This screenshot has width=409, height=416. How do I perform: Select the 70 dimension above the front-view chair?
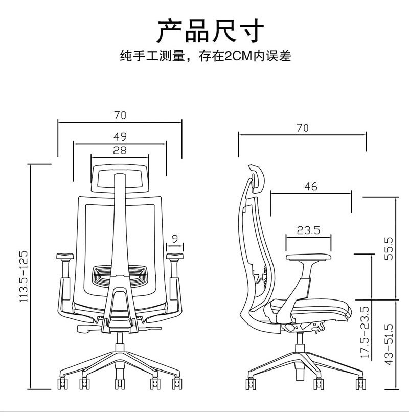[120, 115]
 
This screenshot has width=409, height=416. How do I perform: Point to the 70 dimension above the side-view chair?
[302, 128]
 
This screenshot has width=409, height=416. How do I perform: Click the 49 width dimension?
[120, 136]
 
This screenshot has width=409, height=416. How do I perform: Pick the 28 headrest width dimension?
[120, 150]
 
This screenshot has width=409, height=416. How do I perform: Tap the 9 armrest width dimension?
[175, 238]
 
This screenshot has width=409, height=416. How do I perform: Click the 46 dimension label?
[310, 187]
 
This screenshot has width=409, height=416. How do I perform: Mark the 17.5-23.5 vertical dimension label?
[365, 332]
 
